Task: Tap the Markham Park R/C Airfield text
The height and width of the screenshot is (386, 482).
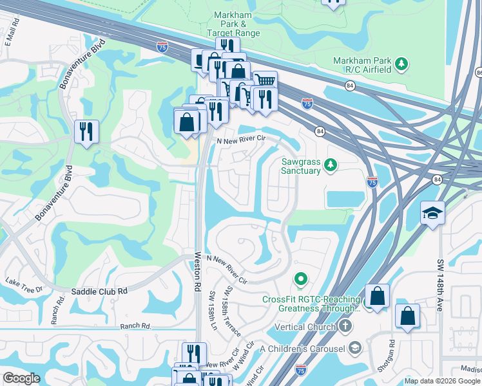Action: (x=362, y=64)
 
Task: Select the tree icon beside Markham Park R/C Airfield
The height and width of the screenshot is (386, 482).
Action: (x=401, y=63)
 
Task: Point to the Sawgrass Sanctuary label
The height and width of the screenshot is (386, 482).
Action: (x=300, y=166)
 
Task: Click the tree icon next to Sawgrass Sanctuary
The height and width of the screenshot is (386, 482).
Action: (x=331, y=166)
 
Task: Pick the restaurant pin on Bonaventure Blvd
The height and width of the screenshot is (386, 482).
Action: (x=85, y=132)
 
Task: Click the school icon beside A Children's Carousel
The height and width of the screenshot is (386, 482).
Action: (x=354, y=349)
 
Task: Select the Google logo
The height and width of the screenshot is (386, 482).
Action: (x=21, y=378)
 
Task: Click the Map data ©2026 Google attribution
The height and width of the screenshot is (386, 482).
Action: (x=442, y=381)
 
